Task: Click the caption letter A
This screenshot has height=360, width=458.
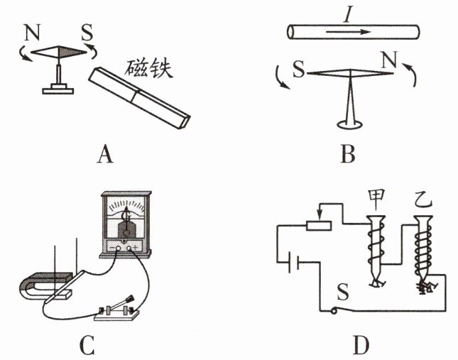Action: (106, 153)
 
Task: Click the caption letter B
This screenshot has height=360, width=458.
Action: (347, 153)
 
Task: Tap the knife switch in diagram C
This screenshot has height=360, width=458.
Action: (118, 310)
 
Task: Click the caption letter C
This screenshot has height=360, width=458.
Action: (87, 344)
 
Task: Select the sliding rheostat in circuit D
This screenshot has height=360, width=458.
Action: (319, 225)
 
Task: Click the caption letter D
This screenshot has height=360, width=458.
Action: (360, 344)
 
